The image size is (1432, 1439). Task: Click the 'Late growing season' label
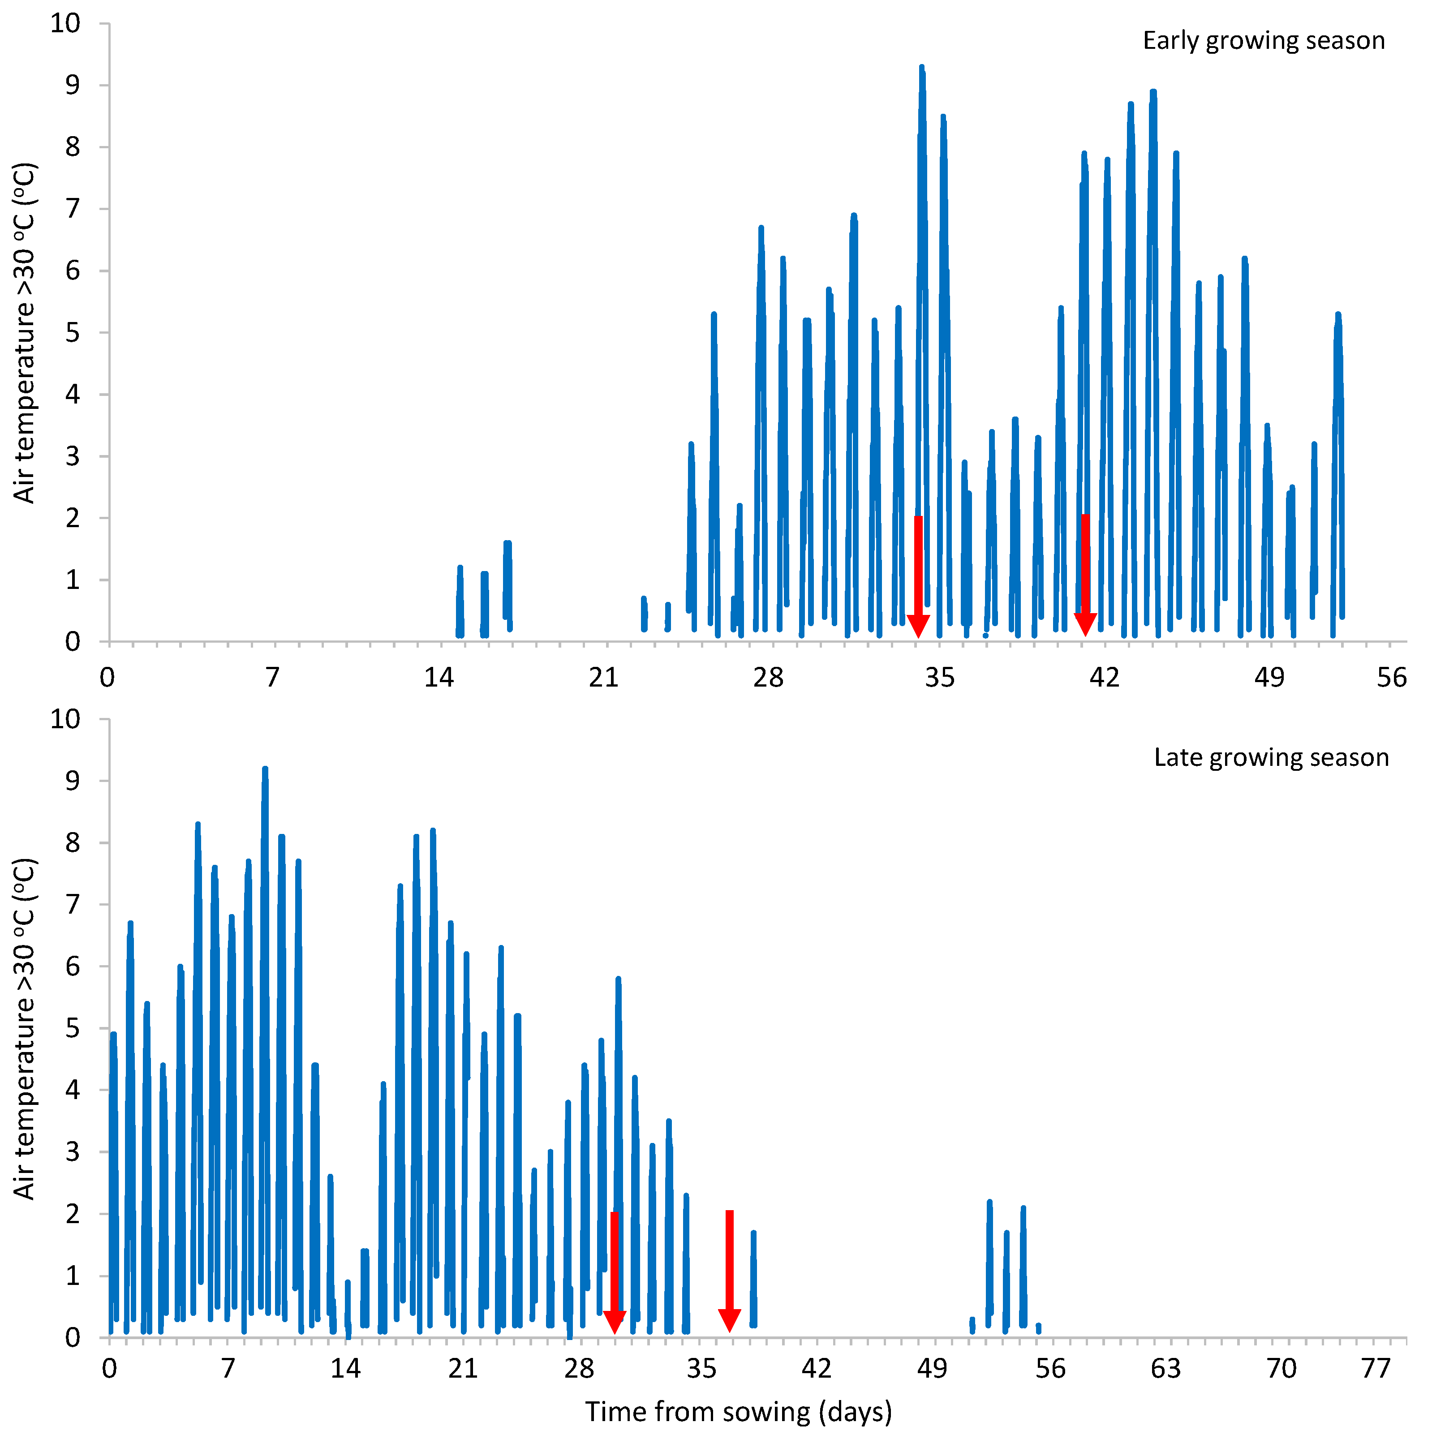click(1271, 757)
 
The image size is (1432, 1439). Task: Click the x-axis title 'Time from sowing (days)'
click(738, 1411)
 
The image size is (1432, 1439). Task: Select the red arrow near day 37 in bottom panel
click(729, 1272)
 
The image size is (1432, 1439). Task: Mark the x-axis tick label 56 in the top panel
click(1391, 678)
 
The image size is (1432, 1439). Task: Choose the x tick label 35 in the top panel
click(940, 678)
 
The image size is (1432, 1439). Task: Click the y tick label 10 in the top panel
click(65, 23)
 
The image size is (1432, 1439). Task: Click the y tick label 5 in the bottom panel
click(72, 1029)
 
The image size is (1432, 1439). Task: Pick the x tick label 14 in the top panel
click(439, 678)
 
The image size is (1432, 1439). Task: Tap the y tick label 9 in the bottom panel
click(72, 782)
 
